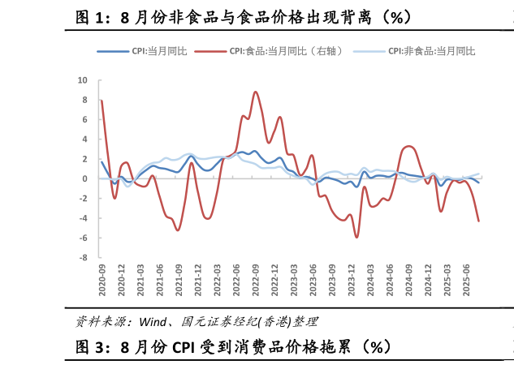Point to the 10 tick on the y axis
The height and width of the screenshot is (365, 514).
click(83, 80)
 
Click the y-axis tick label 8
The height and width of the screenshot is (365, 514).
click(84, 100)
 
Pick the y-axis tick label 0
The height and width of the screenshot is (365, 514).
click(84, 178)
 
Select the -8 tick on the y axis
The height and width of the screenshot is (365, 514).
click(83, 258)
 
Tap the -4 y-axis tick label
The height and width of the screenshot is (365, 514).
click(83, 218)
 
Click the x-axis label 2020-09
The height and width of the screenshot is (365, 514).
click(102, 281)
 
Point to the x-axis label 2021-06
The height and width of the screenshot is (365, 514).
click(160, 281)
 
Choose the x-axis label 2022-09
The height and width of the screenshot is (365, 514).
click(256, 281)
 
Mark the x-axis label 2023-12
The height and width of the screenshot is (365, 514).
click(352, 281)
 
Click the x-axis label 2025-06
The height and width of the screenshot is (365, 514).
click(467, 281)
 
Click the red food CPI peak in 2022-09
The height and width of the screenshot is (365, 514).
click(256, 92)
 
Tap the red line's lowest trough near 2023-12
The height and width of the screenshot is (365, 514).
click(356, 237)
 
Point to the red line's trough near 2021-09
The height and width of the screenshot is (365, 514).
click(178, 230)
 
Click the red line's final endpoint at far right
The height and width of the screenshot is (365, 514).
click(478, 221)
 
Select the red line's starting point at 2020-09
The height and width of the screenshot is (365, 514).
click(102, 101)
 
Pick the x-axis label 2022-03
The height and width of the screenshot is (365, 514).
click(218, 281)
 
